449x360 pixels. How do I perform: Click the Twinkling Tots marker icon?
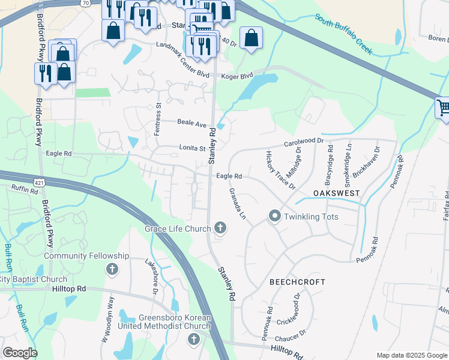click(x=275, y=216)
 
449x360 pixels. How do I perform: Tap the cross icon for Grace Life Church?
click(x=220, y=228)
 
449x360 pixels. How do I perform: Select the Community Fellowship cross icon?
click(x=112, y=269)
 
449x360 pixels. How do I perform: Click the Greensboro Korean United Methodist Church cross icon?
click(x=193, y=340)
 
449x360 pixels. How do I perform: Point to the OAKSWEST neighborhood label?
click(x=336, y=193)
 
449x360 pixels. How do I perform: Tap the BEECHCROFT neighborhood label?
click(x=297, y=281)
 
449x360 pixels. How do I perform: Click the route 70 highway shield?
click(x=86, y=3)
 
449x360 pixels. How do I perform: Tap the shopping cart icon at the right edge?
click(x=443, y=108)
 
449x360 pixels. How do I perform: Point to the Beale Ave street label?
click(x=191, y=122)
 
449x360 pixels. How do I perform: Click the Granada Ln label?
click(x=238, y=203)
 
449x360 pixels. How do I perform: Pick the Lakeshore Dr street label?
click(x=151, y=275)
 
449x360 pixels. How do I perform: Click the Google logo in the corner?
click(x=20, y=353)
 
